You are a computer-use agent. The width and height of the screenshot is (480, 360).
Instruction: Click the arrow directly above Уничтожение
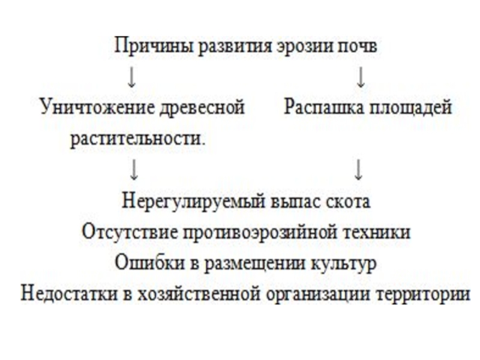pos(133,77)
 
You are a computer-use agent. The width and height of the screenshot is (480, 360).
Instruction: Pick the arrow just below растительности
pos(134,170)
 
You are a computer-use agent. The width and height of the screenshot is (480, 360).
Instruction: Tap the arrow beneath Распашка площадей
pos(359,170)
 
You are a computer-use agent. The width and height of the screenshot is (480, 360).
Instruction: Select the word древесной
pos(203,109)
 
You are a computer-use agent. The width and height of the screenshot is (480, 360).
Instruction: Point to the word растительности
pos(137,139)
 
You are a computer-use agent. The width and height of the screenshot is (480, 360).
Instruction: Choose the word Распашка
pos(317,109)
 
